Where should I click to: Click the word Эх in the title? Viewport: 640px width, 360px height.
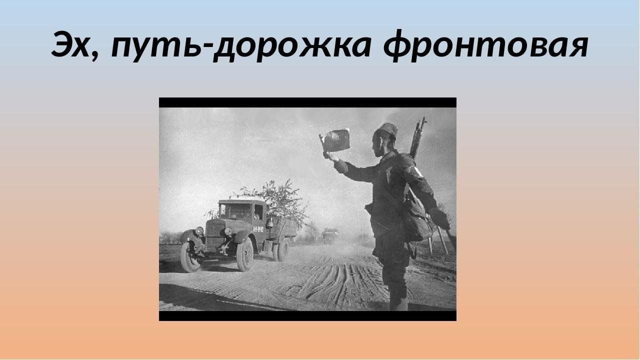(x=70, y=45)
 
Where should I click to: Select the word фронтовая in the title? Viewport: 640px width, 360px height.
(x=485, y=45)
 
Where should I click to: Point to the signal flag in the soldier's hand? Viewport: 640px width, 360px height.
(x=335, y=140)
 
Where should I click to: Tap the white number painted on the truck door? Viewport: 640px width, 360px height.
(x=258, y=229)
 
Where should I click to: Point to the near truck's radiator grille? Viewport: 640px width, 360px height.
(x=215, y=235)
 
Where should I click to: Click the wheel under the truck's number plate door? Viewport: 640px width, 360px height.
(x=245, y=254)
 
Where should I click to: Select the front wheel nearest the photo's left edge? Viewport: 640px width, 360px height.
(x=189, y=257)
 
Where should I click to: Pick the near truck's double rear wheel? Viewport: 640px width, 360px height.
(x=280, y=251)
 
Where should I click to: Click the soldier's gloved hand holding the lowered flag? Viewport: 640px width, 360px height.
(x=439, y=218)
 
